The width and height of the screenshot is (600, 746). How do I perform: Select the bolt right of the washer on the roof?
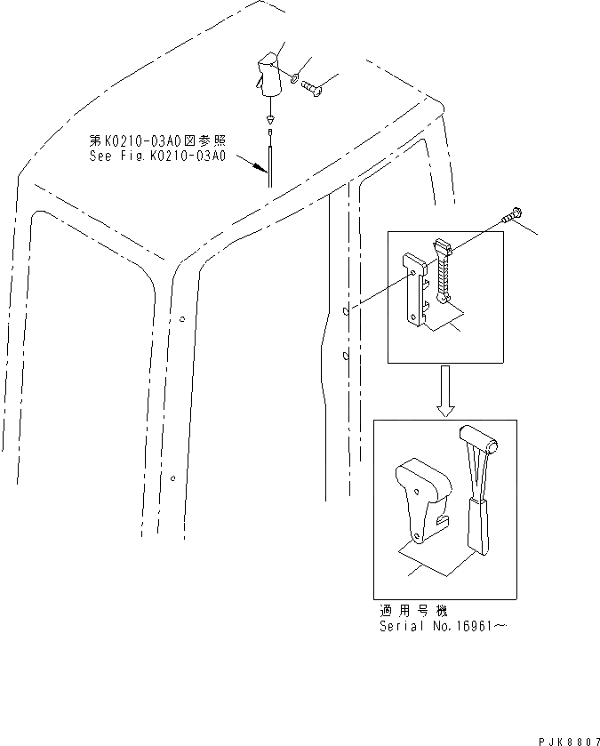(x=313, y=87)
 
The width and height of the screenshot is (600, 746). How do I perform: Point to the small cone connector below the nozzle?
(x=268, y=118)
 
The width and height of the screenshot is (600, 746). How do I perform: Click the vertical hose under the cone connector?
(x=268, y=160)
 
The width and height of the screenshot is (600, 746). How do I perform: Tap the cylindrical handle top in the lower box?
(x=477, y=437)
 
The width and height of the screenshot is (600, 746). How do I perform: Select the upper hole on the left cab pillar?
(x=180, y=319)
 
